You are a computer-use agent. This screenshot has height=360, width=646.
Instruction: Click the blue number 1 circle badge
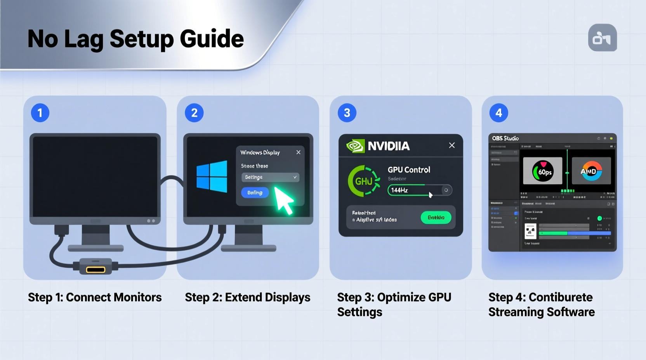tap(40, 113)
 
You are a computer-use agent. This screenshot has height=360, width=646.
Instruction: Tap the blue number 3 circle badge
tap(347, 113)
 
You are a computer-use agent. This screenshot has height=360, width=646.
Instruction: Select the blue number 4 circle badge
tap(499, 113)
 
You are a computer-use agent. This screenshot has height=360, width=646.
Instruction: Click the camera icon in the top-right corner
tap(602, 38)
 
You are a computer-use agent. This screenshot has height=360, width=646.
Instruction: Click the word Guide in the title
tap(212, 39)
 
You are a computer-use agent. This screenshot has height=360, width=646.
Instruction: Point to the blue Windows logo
tap(212, 177)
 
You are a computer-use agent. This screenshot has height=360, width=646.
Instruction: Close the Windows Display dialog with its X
tap(298, 152)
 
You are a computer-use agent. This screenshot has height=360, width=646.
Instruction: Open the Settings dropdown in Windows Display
tap(270, 177)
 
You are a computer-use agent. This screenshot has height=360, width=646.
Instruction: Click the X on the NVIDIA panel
tap(452, 145)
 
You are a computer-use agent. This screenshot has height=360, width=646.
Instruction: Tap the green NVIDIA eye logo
tap(355, 146)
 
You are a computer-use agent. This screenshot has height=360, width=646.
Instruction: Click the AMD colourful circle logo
tap(591, 171)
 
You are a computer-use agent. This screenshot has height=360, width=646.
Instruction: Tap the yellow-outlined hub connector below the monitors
tap(96, 269)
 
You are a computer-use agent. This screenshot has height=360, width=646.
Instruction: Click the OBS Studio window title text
tap(505, 138)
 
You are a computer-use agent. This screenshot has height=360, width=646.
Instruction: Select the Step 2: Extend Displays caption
tap(247, 297)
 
